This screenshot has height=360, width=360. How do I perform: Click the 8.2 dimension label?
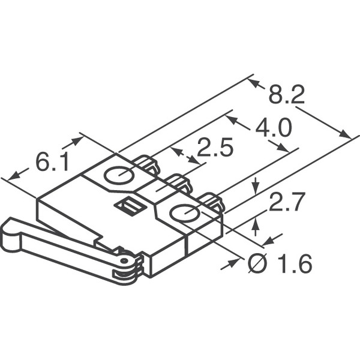(287, 95)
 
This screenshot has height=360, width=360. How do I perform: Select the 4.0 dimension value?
(274, 128)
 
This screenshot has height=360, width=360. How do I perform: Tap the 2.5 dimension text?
(215, 148)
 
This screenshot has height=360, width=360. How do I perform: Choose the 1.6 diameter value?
(295, 263)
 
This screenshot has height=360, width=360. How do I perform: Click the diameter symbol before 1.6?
(257, 263)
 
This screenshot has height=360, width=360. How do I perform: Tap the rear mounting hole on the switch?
(119, 175)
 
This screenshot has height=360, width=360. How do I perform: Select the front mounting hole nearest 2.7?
(184, 213)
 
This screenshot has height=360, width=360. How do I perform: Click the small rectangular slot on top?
(130, 208)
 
